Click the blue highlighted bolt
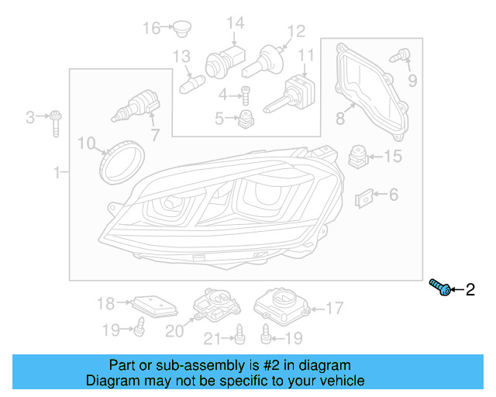coord(441,288)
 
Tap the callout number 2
coord(469,290)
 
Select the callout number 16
coord(151,29)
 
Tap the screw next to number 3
coord(56,123)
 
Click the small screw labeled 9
coord(401,55)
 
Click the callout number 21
coord(212,337)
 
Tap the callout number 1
coord(56,172)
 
